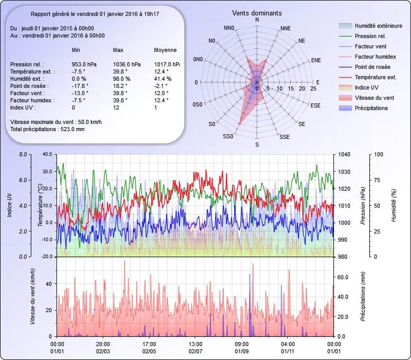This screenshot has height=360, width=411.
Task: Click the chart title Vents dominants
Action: coord(257,13)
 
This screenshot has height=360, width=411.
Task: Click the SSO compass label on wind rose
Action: coord(228,137)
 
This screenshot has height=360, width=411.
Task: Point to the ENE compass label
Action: coord(316,60)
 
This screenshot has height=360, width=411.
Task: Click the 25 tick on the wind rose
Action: coord(313,89)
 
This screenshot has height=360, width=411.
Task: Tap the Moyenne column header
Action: coord(165,50)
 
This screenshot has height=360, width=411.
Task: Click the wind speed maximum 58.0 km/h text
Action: coord(56,122)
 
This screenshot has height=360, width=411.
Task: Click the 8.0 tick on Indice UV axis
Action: coord(22,154)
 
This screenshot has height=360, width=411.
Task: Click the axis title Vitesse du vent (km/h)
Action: coord(32,297)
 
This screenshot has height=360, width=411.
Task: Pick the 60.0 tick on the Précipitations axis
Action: coord(343,277)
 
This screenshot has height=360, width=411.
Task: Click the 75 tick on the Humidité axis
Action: coord(378,180)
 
